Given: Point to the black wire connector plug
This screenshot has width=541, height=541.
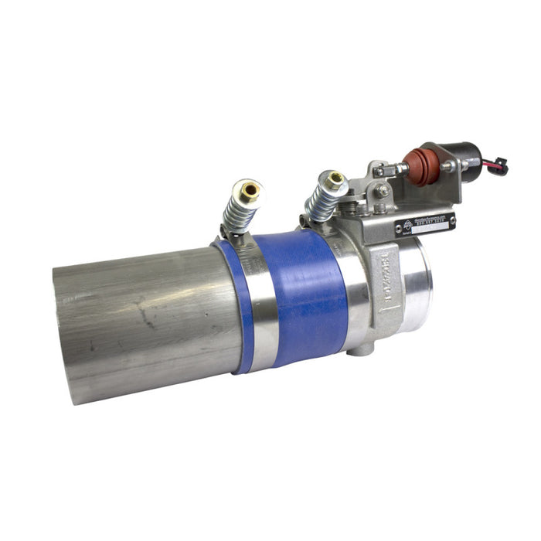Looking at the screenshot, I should (498, 167).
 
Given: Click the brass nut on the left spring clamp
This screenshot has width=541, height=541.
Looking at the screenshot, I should (250, 189).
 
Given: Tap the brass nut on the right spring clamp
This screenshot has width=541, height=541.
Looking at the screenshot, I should (335, 180).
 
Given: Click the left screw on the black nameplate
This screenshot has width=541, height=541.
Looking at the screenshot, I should (400, 230).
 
